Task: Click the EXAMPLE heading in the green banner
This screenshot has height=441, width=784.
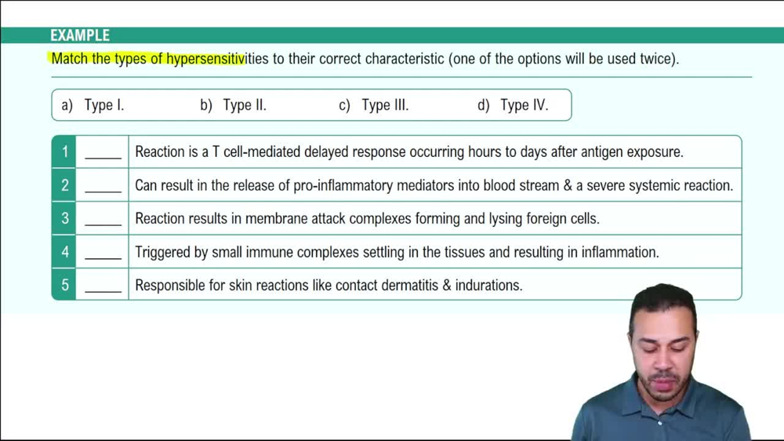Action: [80, 35]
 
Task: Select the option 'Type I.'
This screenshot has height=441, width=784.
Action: [104, 105]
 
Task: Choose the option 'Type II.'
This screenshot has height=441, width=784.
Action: [245, 105]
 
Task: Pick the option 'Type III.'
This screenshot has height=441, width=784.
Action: [385, 105]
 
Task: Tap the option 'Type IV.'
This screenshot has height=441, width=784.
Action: [524, 105]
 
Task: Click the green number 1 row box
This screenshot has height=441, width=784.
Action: [64, 151]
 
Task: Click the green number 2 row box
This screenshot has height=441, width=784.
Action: [64, 185]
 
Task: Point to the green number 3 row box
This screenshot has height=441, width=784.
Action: [64, 219]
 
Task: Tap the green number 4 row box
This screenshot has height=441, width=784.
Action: [64, 252]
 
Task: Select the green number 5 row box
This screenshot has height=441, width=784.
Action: [64, 285]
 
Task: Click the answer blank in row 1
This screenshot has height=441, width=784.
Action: [103, 154]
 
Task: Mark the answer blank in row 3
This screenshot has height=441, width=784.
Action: [103, 221]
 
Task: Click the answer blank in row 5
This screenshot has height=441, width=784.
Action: [103, 287]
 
